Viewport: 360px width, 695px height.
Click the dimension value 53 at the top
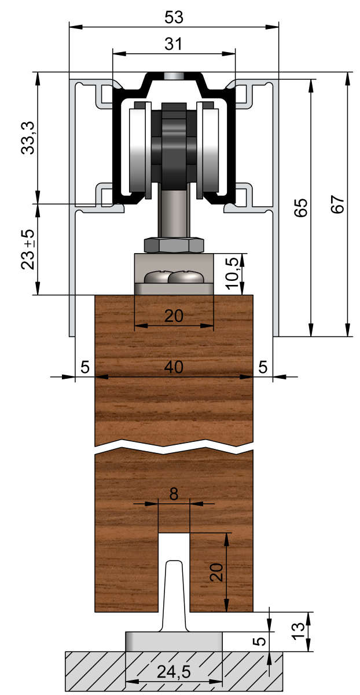tap(173, 17)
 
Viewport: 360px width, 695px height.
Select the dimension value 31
tap(173, 44)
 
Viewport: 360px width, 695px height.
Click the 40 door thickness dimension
tap(173, 367)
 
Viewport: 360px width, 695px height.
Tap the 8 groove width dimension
tap(174, 494)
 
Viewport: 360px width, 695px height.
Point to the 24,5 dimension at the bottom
tap(173, 672)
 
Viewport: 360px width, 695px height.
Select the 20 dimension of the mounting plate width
tap(173, 316)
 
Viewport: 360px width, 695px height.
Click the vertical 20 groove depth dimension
tap(215, 572)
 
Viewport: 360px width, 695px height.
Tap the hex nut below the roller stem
tap(174, 245)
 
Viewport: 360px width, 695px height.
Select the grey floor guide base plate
tap(174, 642)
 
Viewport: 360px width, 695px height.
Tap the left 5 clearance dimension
tap(85, 367)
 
